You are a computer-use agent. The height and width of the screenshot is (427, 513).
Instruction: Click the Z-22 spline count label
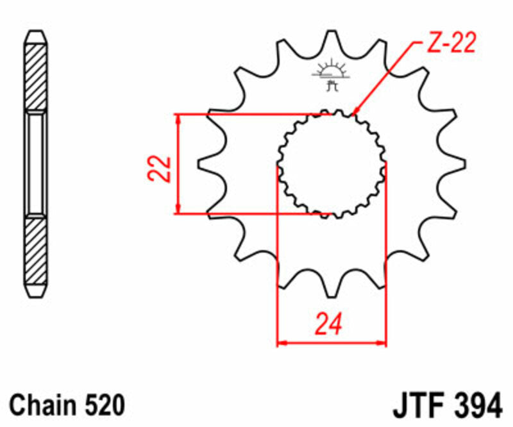(x=450, y=44)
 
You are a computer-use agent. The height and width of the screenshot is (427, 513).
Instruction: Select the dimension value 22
(x=162, y=169)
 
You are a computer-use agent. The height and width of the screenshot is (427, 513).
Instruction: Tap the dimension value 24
(x=330, y=324)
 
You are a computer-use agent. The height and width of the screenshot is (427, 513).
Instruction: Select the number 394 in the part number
(x=476, y=406)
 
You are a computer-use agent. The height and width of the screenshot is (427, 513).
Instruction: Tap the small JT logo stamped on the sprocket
(x=332, y=73)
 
